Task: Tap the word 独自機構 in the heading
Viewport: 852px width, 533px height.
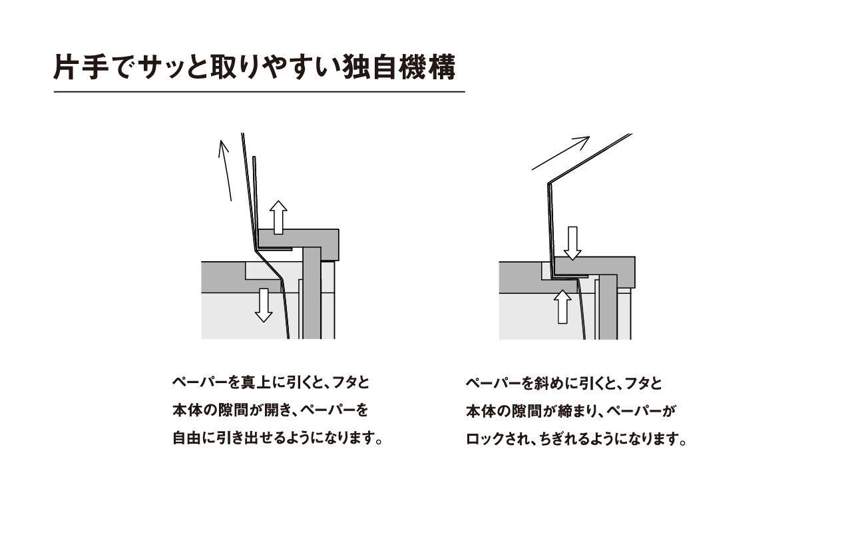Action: coord(400,67)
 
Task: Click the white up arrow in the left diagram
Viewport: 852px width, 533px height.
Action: coord(278,217)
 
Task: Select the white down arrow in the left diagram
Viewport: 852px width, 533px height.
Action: coord(264,305)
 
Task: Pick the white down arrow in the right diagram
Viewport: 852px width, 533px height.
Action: coord(572,243)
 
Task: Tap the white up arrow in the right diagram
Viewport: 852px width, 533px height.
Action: coord(562,307)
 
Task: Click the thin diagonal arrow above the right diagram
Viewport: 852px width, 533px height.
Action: coord(560,153)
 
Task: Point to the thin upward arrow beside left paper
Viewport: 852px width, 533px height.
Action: coord(225,170)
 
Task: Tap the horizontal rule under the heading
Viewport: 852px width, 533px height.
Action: coord(260,92)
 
